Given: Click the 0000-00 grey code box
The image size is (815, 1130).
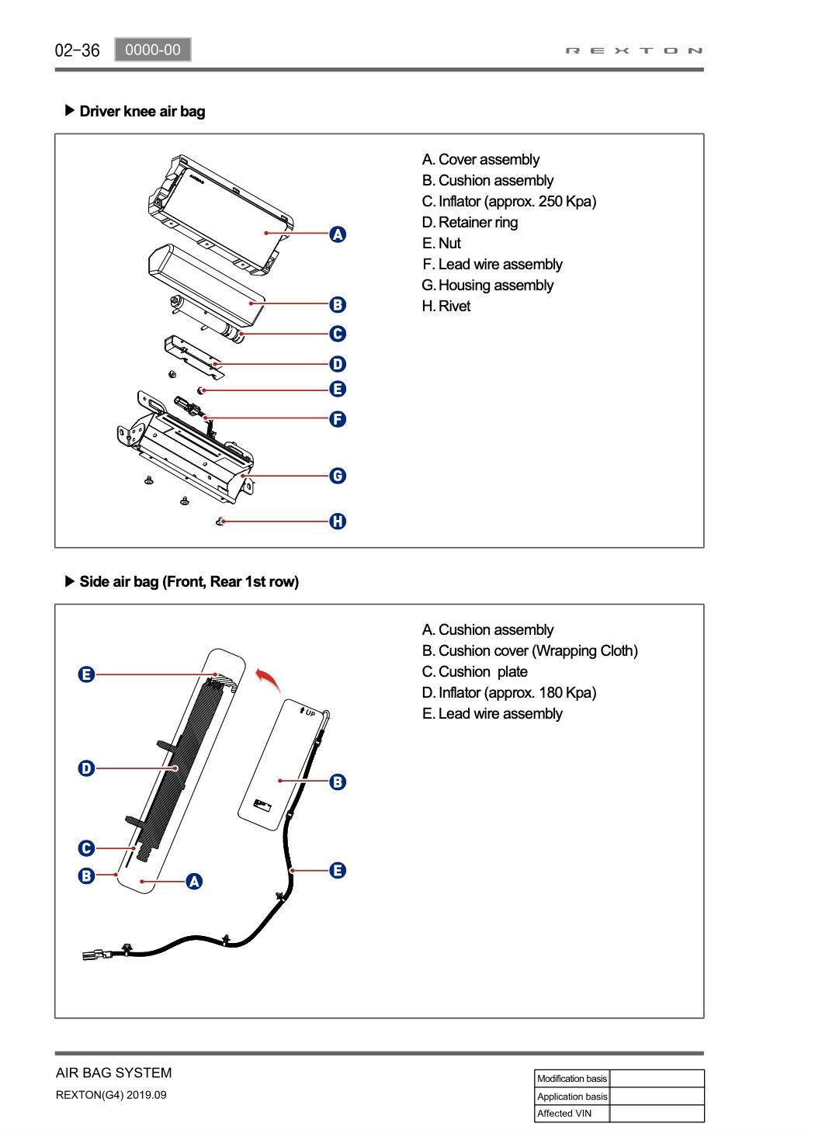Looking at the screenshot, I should pyautogui.click(x=153, y=50).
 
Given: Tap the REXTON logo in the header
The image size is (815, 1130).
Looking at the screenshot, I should pyautogui.click(x=634, y=50).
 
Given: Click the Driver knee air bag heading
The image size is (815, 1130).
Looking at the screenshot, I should pyautogui.click(x=142, y=111).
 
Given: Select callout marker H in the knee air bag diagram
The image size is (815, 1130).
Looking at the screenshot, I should pyautogui.click(x=338, y=522).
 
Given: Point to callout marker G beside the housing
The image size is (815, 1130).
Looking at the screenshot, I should pyautogui.click(x=338, y=476).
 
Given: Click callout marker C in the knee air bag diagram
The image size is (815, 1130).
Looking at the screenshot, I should pyautogui.click(x=338, y=334).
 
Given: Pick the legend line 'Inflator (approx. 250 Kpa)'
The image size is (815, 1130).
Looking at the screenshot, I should pyautogui.click(x=509, y=202).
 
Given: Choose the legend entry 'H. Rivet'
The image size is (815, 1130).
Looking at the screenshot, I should pyautogui.click(x=446, y=307).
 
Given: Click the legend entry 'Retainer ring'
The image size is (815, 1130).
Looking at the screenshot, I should pyautogui.click(x=470, y=223).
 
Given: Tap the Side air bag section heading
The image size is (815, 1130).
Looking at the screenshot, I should pyautogui.click(x=189, y=581).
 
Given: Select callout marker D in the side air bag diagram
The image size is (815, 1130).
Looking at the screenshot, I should pyautogui.click(x=86, y=768).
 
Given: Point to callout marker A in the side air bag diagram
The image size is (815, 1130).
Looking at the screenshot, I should pyautogui.click(x=194, y=881).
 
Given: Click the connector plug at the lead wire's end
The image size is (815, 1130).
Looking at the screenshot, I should pyautogui.click(x=94, y=954).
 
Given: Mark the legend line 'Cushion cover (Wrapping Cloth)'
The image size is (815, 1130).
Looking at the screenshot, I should pyautogui.click(x=530, y=651).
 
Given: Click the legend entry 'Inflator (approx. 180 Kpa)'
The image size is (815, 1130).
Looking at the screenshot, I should pyautogui.click(x=509, y=693).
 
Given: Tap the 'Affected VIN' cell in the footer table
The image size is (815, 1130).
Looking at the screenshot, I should pyautogui.click(x=572, y=1114).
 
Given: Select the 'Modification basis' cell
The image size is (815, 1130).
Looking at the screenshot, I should pyautogui.click(x=572, y=1079).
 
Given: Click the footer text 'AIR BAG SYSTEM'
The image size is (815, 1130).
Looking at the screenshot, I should pyautogui.click(x=114, y=1073).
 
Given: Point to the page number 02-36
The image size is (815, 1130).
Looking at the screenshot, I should pyautogui.click(x=78, y=50).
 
